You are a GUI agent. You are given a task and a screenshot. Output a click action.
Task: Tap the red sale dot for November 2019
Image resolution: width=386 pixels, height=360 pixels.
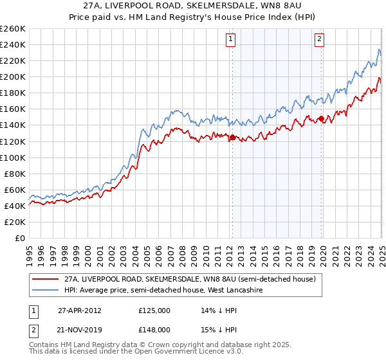pyautogui.click(x=321, y=119)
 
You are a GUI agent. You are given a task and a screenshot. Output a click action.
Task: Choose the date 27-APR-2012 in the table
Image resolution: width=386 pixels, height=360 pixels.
pyautogui.click(x=80, y=310)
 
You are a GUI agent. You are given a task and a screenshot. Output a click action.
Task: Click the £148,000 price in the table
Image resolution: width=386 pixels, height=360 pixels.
pyautogui.click(x=154, y=329)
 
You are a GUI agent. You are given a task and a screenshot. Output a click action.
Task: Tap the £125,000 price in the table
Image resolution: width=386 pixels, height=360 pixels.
pyautogui.click(x=154, y=310)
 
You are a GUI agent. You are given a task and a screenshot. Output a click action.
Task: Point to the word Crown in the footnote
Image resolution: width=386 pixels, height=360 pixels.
pyautogui.click(x=154, y=346)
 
